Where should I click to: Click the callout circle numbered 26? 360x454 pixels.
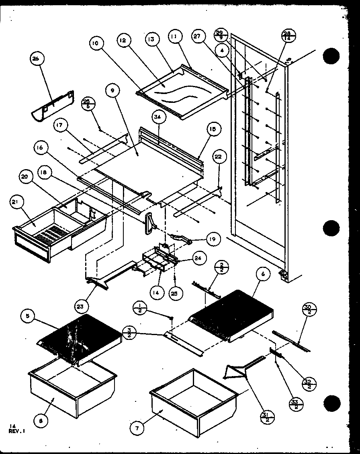pos(36,59)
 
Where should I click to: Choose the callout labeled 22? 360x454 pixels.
pos(218,157)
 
